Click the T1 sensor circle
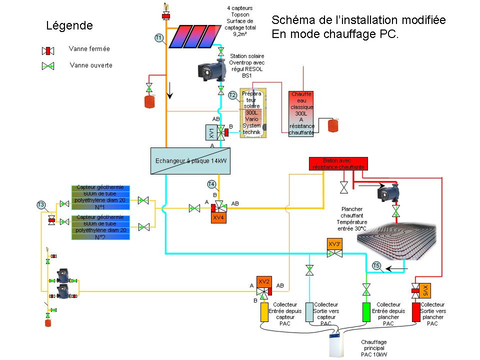coord(158,37)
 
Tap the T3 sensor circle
coord(41,204)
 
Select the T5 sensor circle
coord(377,265)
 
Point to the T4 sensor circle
coord(211,183)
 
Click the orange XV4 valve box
coord(218,218)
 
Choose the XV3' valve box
coord(334,244)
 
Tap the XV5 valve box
coord(424,290)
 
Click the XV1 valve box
coord(211,132)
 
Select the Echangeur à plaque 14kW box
coord(190,161)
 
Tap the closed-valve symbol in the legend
coord(48,50)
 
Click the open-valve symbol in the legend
coord(48,66)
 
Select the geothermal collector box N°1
coord(101,197)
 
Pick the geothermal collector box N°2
coord(101,227)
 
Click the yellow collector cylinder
coord(264,312)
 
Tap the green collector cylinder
coord(366,312)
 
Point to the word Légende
coord(69,25)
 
